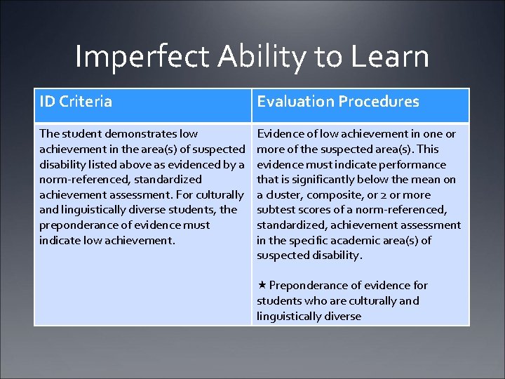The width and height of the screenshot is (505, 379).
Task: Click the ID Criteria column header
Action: (76, 102)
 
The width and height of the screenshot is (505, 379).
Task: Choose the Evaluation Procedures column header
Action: (338, 102)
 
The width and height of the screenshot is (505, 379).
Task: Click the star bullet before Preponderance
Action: (261, 285)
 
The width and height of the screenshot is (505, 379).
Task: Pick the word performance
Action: (412, 164)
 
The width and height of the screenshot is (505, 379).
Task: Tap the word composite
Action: (334, 195)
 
